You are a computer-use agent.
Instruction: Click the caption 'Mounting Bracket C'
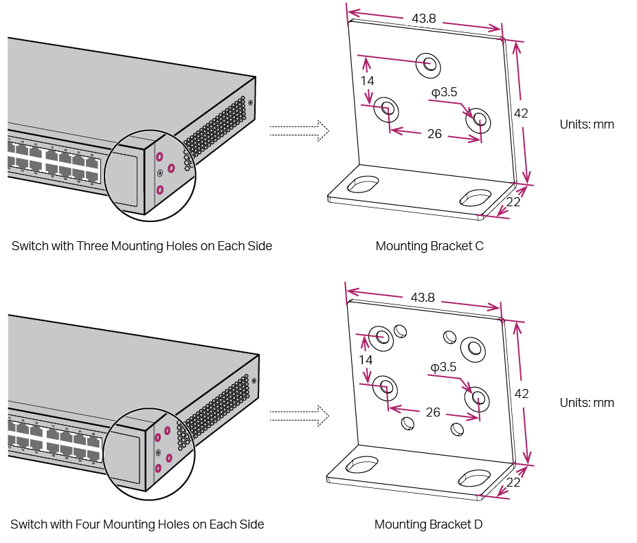click(x=429, y=246)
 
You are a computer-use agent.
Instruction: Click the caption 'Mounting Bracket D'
click(x=428, y=524)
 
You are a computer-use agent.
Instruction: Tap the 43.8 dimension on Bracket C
click(x=424, y=19)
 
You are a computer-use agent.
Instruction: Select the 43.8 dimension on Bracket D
click(x=423, y=297)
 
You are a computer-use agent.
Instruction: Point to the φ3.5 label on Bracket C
click(x=444, y=91)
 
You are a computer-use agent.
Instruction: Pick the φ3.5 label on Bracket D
click(x=443, y=367)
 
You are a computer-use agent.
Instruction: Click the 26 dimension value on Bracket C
click(x=434, y=134)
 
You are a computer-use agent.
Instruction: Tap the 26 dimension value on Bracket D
click(x=433, y=412)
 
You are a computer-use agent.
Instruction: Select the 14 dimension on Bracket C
click(x=368, y=80)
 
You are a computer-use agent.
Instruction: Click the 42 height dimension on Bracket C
click(x=521, y=113)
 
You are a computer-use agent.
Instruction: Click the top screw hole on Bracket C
click(x=429, y=65)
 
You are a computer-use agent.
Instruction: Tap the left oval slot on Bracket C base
click(x=363, y=185)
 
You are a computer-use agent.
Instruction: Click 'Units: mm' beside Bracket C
click(x=586, y=124)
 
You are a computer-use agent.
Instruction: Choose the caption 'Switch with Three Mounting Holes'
click(x=142, y=246)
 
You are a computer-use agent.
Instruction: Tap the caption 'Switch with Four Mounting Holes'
click(x=137, y=524)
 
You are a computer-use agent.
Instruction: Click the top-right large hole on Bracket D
click(x=473, y=347)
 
